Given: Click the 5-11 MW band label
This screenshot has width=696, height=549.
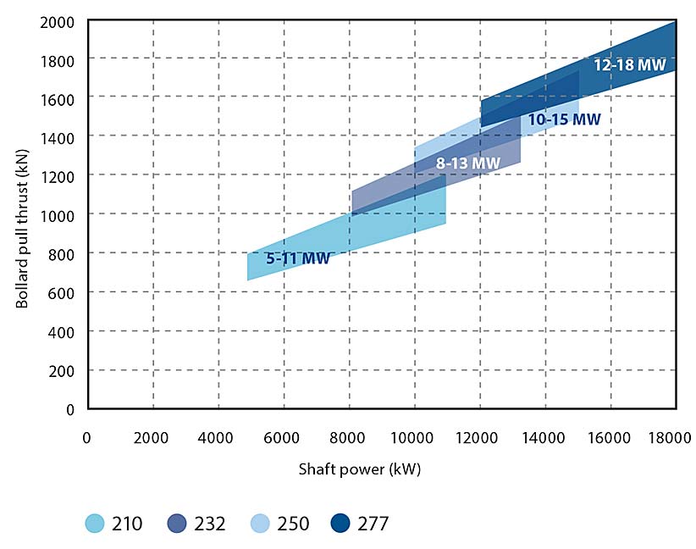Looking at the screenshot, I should (297, 259).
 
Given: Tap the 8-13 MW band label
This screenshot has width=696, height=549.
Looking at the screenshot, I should (468, 163).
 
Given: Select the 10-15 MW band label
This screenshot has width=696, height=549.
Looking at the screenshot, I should (564, 120).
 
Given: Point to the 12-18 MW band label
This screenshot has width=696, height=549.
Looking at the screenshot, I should (629, 64).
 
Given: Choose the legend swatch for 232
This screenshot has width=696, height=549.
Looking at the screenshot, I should (179, 523).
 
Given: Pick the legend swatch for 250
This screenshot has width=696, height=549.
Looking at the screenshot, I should (262, 523).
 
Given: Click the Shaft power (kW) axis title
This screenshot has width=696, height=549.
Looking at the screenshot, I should (359, 469).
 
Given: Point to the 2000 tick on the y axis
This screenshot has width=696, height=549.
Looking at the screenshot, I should (57, 21).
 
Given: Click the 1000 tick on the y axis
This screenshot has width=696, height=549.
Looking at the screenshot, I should (57, 214).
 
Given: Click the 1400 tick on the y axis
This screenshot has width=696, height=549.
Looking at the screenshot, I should (57, 137).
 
